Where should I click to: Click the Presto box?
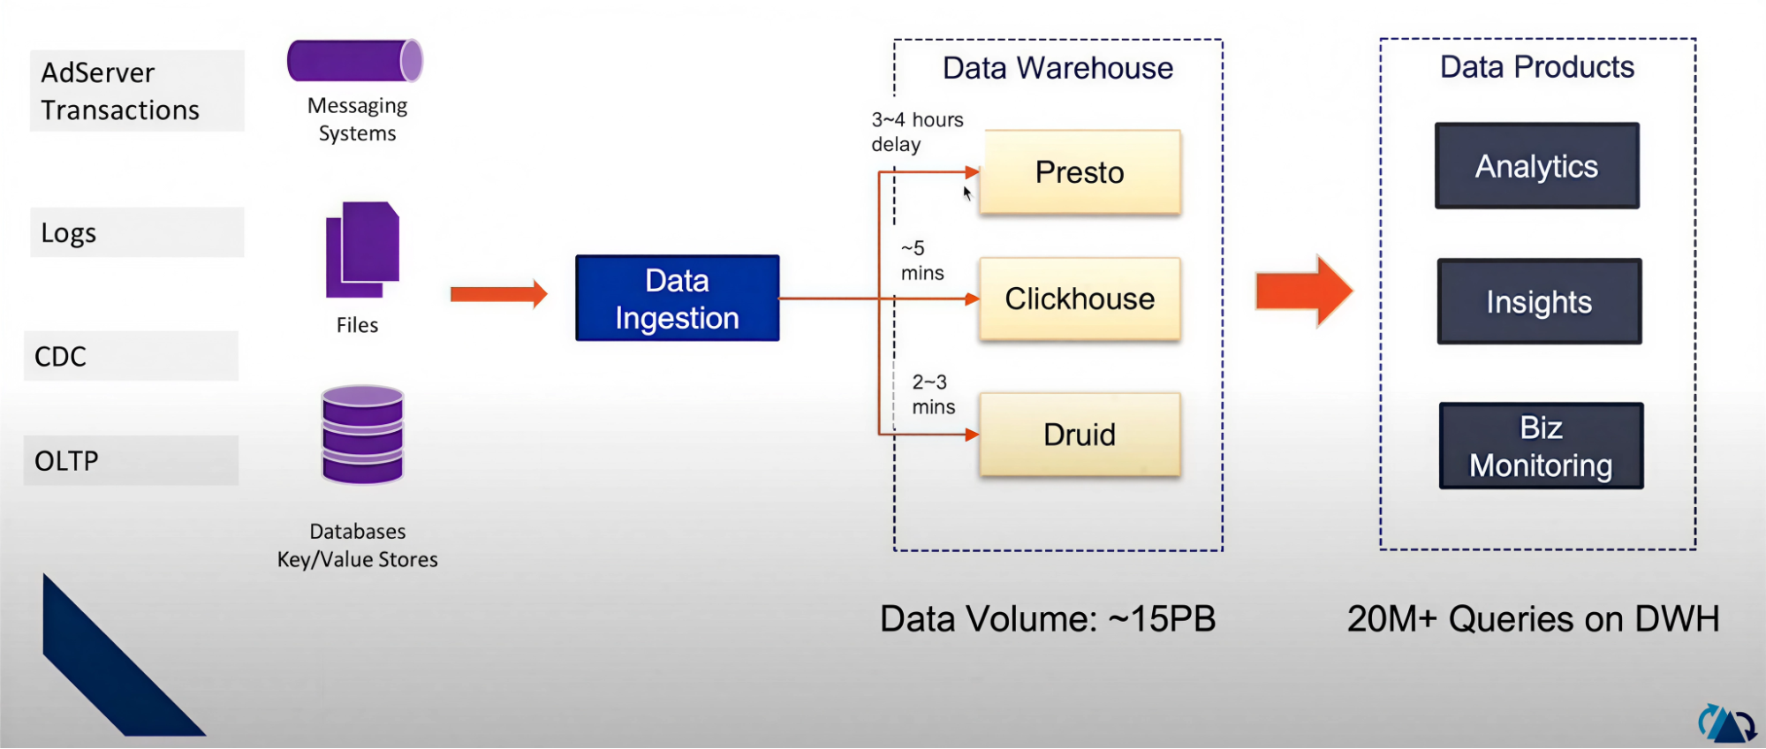(x=1080, y=172)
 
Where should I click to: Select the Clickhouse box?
(x=1080, y=299)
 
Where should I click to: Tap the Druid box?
(x=1080, y=435)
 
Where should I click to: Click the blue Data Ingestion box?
(x=677, y=299)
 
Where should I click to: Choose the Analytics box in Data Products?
(x=1536, y=166)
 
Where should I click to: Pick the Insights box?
(x=1538, y=302)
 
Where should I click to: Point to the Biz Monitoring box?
(x=1541, y=446)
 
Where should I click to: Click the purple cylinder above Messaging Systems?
(x=355, y=61)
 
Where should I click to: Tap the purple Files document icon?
(x=362, y=250)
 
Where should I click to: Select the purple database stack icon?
(x=362, y=435)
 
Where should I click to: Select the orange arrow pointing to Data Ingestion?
(x=498, y=293)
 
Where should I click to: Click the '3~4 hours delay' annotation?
(x=916, y=132)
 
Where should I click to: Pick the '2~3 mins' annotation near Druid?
(x=933, y=394)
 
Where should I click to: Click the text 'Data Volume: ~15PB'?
(x=1047, y=619)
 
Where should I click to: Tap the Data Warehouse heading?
(x=1057, y=68)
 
